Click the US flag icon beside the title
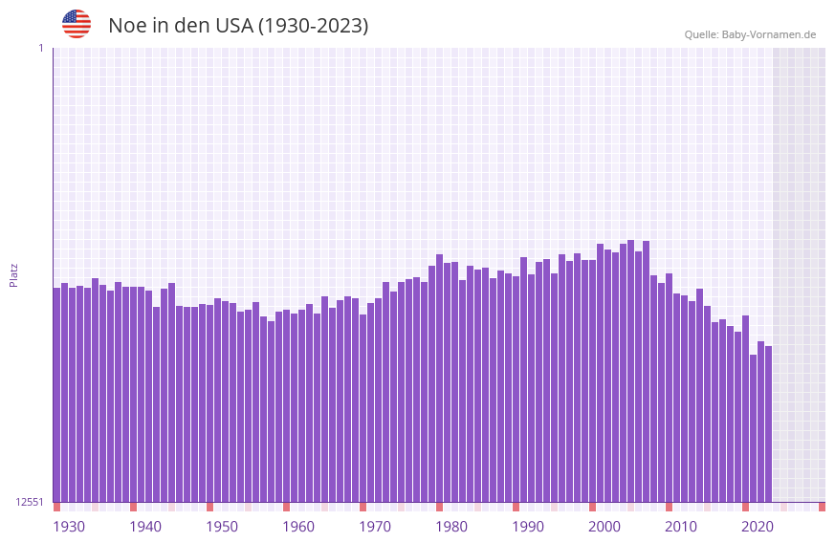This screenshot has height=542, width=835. coord(77,24)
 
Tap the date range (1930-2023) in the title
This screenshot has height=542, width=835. coord(313,26)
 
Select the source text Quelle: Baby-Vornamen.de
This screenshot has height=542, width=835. coord(750,34)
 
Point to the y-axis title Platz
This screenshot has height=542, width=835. coord(13,274)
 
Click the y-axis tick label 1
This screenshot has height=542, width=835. coord(40,48)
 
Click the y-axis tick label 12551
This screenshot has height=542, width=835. coord(30,502)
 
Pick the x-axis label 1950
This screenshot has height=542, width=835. coord(222,527)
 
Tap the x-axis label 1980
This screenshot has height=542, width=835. coord(451,527)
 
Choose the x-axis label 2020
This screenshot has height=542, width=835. coord(758,527)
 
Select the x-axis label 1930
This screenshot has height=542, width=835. coord(69,527)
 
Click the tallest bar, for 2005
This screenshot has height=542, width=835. coord(630,373)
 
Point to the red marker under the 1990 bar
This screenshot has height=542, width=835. coord(516,507)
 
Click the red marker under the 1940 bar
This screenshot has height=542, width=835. coord(133,507)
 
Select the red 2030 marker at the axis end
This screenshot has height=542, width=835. coord(822,507)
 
